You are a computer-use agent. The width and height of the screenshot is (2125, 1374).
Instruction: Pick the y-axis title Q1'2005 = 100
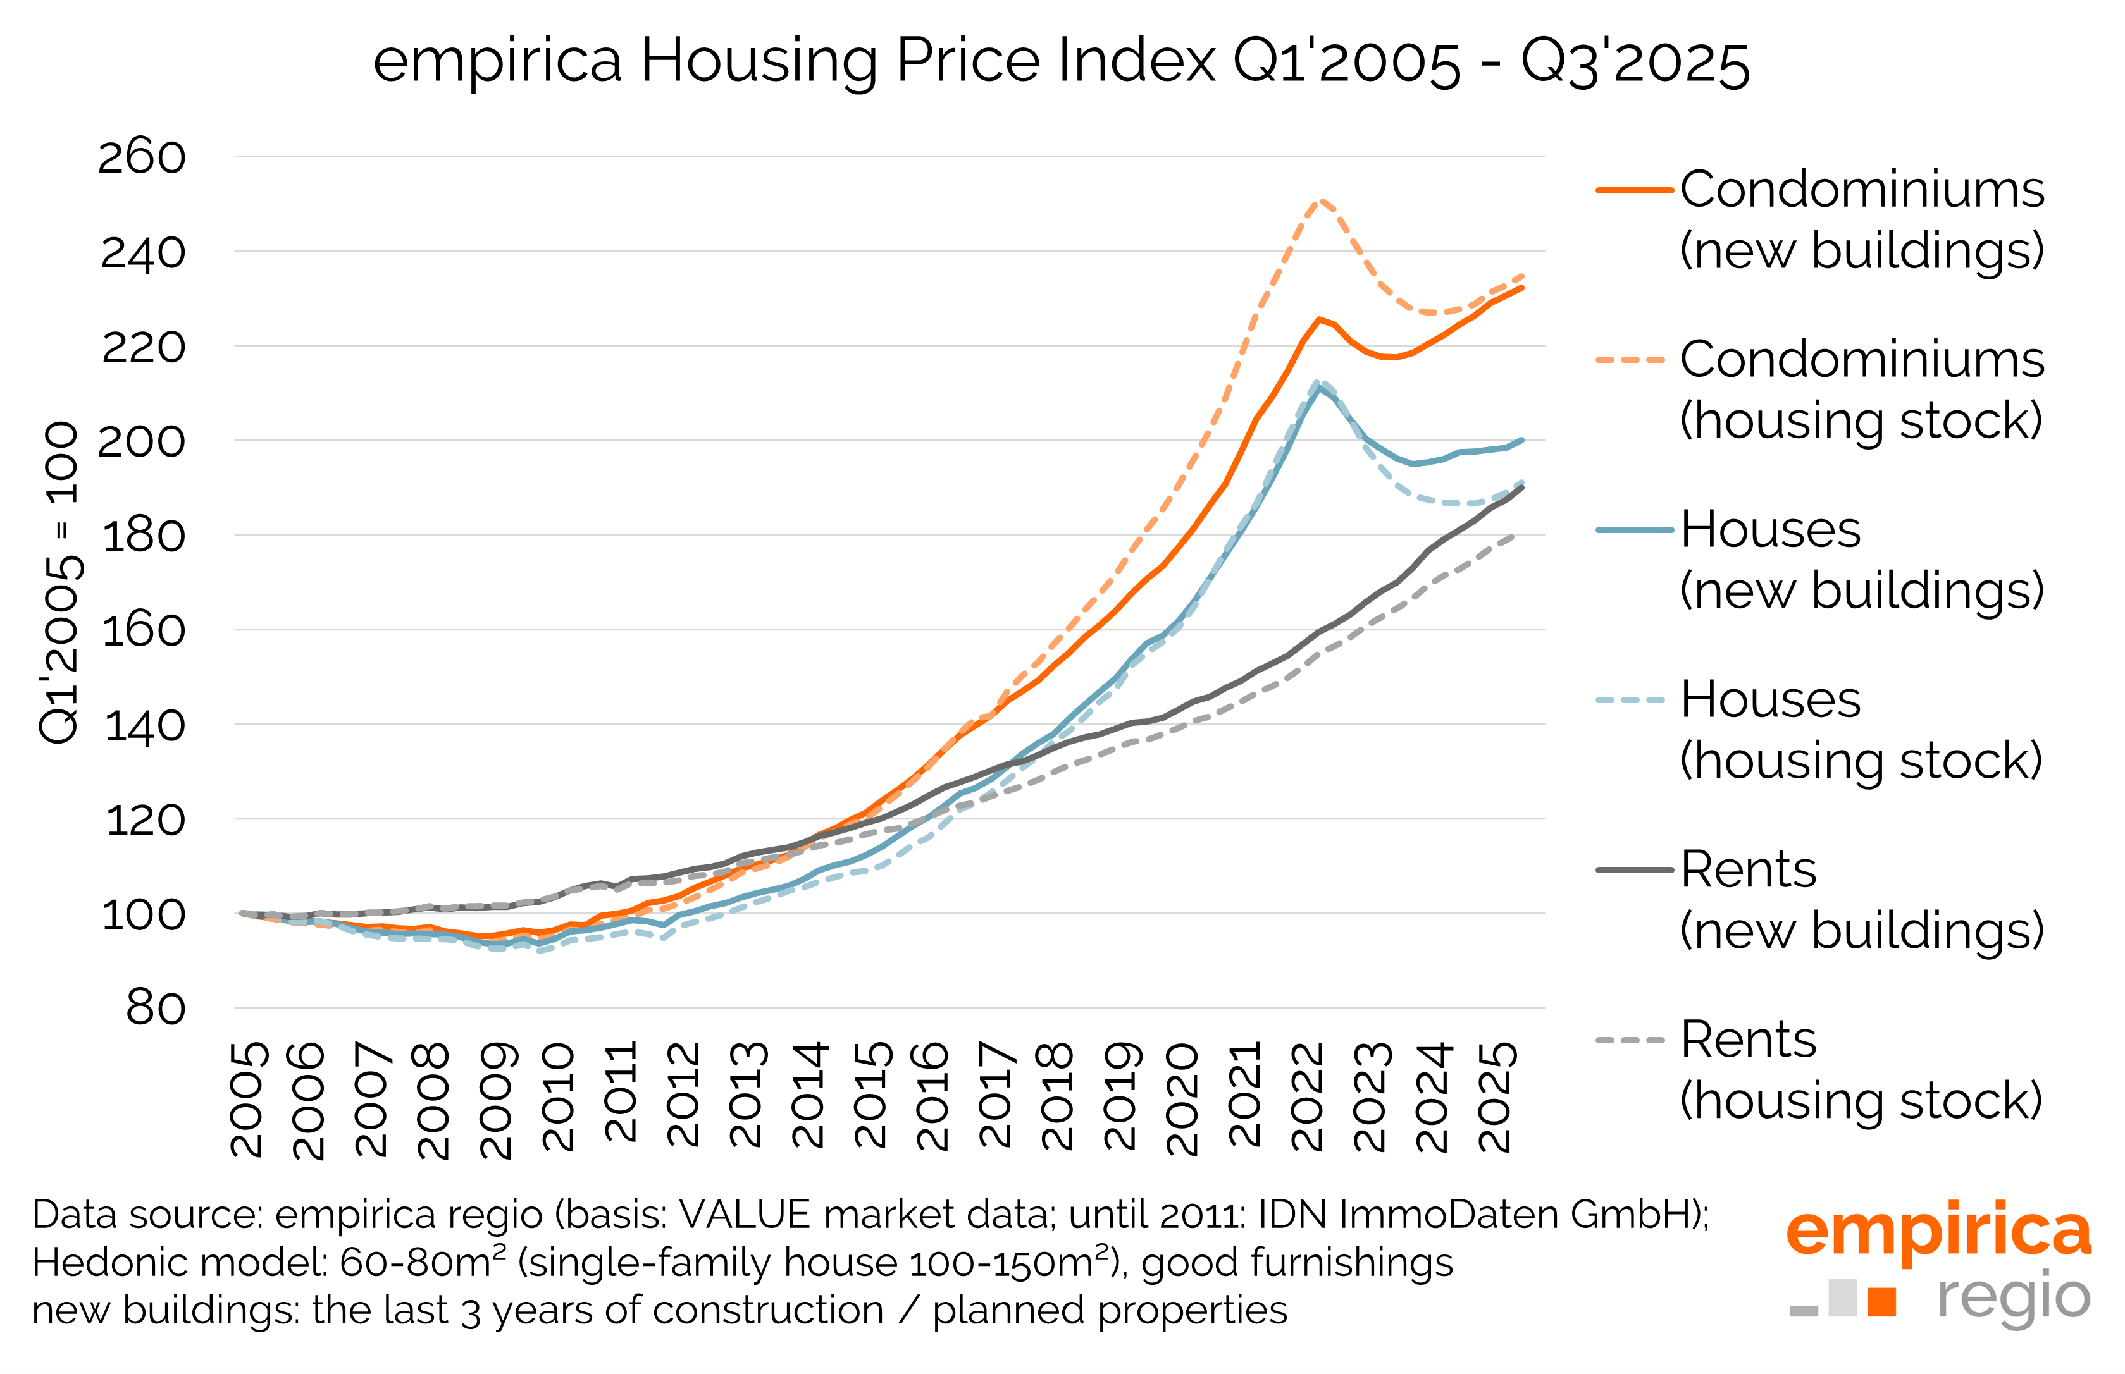pyautogui.click(x=61, y=582)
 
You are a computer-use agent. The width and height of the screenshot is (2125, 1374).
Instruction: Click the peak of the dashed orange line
pyautogui.click(x=1321, y=200)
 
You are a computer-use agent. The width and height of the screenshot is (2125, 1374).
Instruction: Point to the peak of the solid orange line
pyautogui.click(x=1319, y=319)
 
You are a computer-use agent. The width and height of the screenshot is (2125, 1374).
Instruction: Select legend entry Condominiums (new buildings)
pyautogui.click(x=1861, y=219)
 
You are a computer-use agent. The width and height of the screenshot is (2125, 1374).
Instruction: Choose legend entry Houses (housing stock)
pyautogui.click(x=1861, y=729)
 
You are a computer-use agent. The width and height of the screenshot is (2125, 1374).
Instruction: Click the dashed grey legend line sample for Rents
pyautogui.click(x=1630, y=1040)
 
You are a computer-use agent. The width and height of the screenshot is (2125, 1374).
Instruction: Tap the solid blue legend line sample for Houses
pyautogui.click(x=1633, y=530)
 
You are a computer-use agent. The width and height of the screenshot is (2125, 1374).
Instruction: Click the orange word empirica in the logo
pyautogui.click(x=1938, y=1232)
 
